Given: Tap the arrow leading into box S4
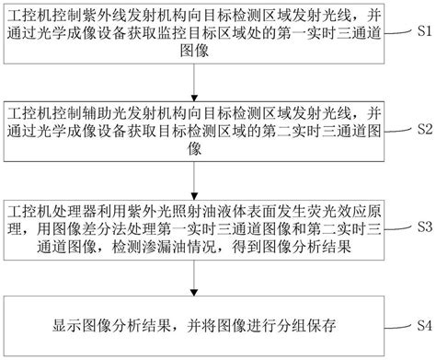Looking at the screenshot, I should tap(194, 277).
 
